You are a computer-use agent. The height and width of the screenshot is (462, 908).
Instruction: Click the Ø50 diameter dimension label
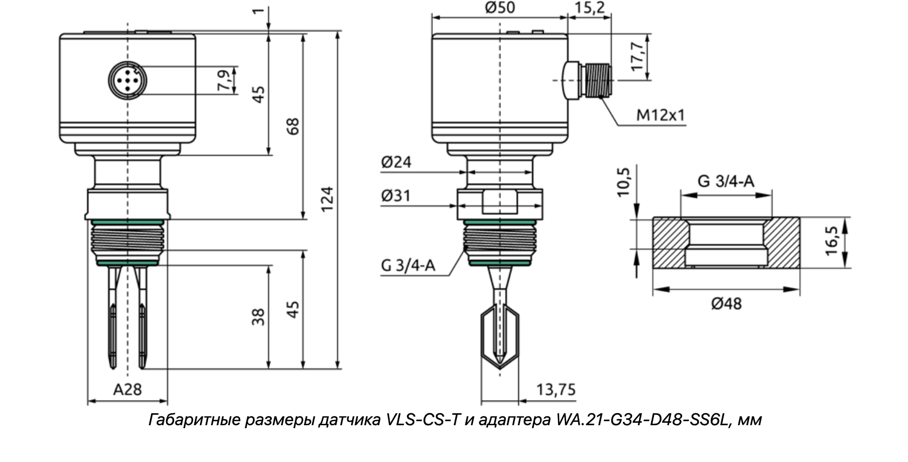500,7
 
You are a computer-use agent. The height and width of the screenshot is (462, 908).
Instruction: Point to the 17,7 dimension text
637,56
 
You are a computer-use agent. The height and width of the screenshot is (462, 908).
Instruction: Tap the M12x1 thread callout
661,115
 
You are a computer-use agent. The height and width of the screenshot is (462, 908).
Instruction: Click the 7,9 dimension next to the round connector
225,80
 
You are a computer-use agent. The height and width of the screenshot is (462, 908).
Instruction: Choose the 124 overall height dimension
327,198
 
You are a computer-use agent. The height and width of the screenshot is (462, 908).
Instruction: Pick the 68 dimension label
293,126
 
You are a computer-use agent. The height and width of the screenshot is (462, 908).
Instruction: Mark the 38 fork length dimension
259,317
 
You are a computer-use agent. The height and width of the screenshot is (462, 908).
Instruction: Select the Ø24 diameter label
396,162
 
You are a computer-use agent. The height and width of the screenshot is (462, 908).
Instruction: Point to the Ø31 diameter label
396,196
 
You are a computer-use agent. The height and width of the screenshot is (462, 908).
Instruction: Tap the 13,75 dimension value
556,390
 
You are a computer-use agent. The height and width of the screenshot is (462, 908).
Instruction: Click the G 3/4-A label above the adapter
726,182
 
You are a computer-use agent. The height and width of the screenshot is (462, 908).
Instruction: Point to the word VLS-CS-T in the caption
419,420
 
